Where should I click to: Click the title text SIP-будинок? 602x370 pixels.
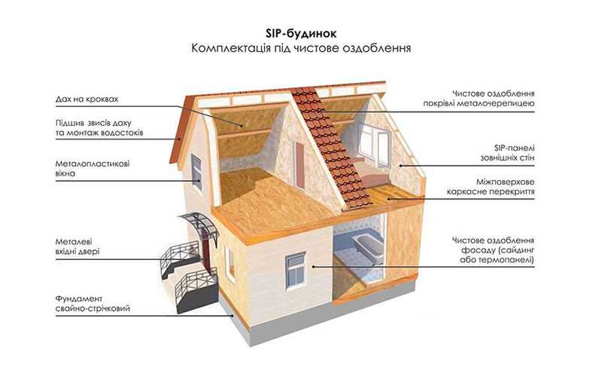(301, 33)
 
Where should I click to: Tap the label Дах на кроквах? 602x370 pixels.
(87, 99)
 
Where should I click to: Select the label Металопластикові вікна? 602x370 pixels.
(93, 169)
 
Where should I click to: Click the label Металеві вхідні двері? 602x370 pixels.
(78, 246)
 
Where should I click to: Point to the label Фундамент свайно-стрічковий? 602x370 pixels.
(93, 304)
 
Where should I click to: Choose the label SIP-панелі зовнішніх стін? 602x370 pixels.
(507, 153)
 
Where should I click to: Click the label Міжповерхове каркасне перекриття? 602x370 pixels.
(491, 187)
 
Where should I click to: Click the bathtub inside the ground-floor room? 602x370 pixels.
(369, 246)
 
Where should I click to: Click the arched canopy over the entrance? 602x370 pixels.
(199, 225)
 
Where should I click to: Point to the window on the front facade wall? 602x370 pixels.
(296, 271)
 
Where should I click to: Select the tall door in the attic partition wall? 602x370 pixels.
(299, 165)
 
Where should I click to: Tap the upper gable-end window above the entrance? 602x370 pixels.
(196, 172)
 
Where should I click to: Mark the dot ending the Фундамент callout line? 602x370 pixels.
(232, 316)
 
